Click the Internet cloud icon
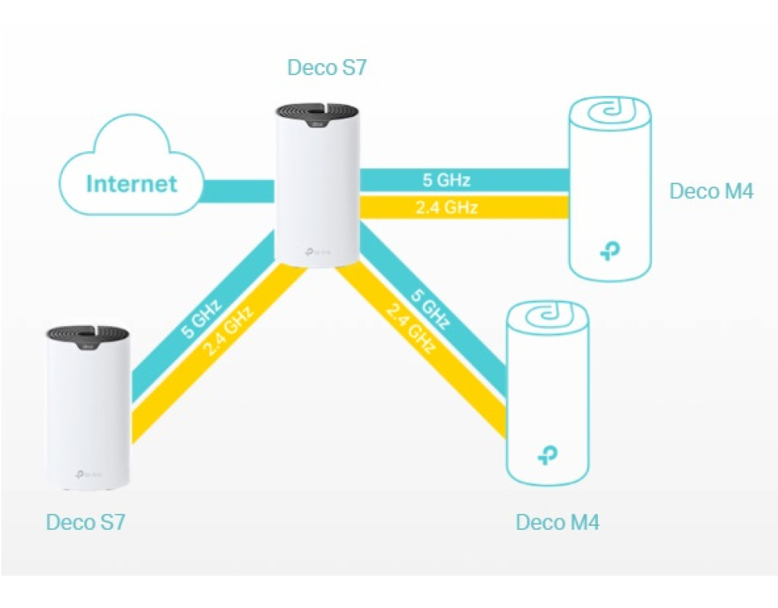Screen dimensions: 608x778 [131, 170]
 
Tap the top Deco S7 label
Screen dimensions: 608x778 [327, 67]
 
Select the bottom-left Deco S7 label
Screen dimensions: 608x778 [85, 522]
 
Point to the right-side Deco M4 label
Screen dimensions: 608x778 [711, 191]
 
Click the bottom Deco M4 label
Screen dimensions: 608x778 [557, 522]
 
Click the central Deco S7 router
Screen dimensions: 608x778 [317, 186]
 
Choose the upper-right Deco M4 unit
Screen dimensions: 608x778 [609, 190]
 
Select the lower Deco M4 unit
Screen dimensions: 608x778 [547, 394]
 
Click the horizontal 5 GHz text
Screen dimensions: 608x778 [447, 180]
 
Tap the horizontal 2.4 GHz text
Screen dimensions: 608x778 [447, 207]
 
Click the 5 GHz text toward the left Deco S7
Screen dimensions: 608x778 [201, 320]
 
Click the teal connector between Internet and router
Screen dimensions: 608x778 [238, 191]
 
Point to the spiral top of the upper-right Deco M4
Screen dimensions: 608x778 [609, 114]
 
